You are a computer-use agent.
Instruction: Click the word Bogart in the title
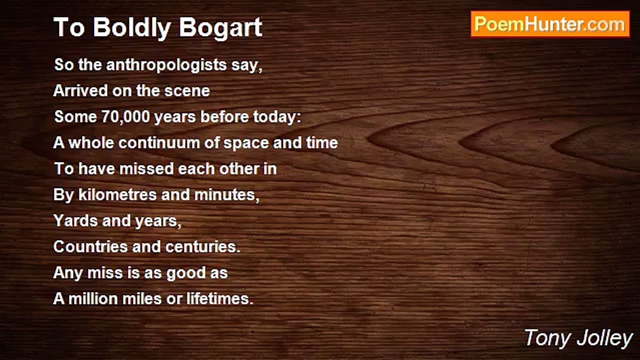click(220, 27)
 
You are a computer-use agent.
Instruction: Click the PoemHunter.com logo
click(550, 24)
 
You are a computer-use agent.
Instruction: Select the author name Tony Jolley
click(578, 338)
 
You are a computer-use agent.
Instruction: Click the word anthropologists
click(166, 65)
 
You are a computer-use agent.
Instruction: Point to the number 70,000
click(126, 117)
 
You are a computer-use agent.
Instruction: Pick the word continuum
click(159, 142)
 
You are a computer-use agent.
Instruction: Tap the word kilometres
click(117, 195)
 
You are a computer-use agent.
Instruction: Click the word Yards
click(75, 220)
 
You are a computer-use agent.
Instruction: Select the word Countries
click(90, 246)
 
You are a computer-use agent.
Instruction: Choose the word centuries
click(203, 247)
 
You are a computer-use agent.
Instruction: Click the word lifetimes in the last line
click(220, 298)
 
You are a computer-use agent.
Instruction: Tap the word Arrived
click(80, 91)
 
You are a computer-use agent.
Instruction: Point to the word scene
click(187, 91)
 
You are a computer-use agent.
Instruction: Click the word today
click(277, 117)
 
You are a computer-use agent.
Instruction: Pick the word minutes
click(227, 195)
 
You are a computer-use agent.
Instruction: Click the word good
click(186, 273)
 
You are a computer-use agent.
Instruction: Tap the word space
click(246, 143)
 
